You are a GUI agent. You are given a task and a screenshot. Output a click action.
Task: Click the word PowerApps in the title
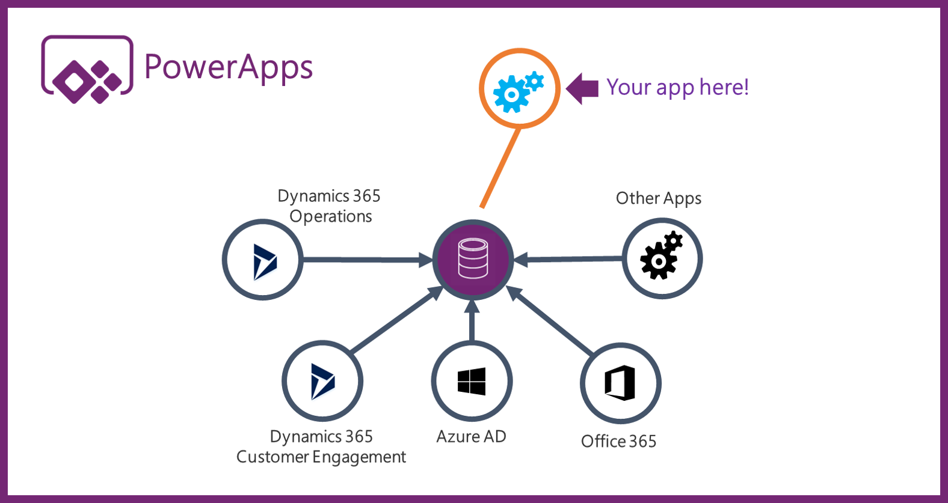point(229,67)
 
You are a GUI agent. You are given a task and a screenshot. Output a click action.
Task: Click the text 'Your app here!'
point(677,88)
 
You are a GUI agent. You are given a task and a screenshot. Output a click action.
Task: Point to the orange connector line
point(500,168)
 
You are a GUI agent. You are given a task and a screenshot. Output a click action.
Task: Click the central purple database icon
point(473,259)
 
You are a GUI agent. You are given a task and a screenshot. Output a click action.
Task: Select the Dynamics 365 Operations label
point(330,206)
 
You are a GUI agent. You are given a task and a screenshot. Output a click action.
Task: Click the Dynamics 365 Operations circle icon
point(263,260)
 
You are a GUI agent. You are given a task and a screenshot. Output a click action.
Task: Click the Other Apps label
point(658,198)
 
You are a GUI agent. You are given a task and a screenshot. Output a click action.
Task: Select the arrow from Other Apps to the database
point(568,259)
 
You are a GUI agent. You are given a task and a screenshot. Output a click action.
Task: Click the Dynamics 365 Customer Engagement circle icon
point(322,381)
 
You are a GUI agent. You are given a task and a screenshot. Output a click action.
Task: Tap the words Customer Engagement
point(321,457)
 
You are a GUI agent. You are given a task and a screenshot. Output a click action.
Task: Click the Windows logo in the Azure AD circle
point(472,382)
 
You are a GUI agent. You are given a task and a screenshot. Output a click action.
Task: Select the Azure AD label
point(471,437)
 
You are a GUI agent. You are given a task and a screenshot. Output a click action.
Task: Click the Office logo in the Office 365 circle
point(620,383)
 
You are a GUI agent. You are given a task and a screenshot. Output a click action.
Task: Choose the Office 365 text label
point(618,442)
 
